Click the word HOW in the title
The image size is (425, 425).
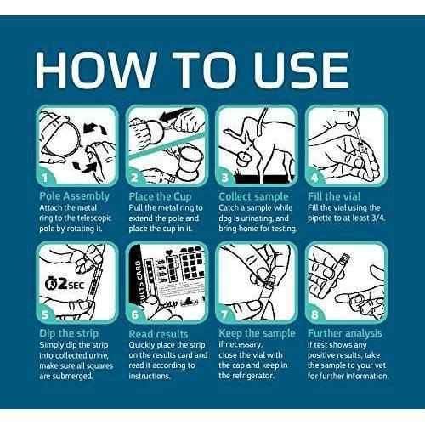[x=96, y=71]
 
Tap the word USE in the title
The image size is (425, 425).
[x=301, y=71]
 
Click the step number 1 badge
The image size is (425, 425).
[x=45, y=178]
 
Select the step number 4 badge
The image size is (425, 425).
[x=314, y=178]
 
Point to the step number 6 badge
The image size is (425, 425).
[x=135, y=314]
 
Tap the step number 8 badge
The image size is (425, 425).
[x=314, y=314]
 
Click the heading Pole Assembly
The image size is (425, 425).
[x=74, y=196]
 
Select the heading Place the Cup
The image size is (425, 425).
[x=160, y=196]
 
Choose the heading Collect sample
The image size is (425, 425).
[x=253, y=196]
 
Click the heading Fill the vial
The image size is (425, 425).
[x=334, y=196]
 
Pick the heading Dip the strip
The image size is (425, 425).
[x=69, y=333]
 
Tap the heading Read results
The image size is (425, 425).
[x=158, y=334]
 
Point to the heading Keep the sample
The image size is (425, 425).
[x=257, y=333]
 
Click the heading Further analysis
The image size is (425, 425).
[x=345, y=333]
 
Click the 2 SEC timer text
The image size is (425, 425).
[x=65, y=284]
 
